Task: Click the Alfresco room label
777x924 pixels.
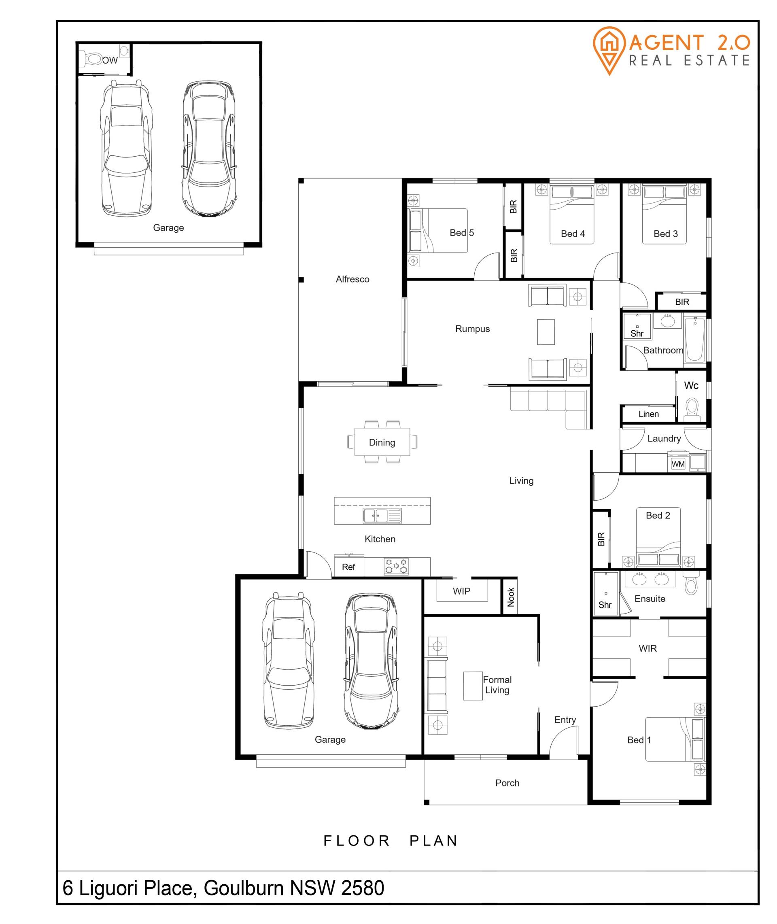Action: pos(352,279)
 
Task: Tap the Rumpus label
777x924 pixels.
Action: pos(472,329)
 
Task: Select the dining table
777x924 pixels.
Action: pos(382,442)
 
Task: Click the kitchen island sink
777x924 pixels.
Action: pos(382,515)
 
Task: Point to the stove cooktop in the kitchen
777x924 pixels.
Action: pos(397,566)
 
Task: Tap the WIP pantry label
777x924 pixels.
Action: pos(462,591)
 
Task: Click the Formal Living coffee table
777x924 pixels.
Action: pos(473,686)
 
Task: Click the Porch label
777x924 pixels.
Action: pos(507,783)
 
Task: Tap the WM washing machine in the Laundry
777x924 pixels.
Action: pos(678,464)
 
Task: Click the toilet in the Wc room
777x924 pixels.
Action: pos(692,409)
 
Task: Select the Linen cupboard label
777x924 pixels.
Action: pos(649,414)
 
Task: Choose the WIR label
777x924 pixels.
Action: pos(647,648)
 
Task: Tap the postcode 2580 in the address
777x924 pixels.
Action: pos(363,888)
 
